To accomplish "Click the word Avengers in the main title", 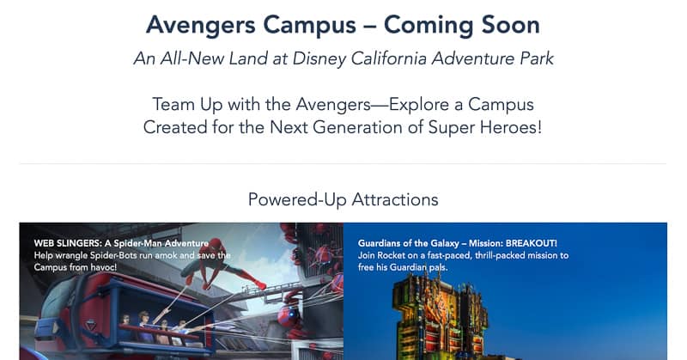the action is [x=201, y=26].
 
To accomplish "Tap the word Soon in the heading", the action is [x=510, y=25].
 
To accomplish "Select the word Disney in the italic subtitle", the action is [x=319, y=59].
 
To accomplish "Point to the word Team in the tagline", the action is [x=173, y=104].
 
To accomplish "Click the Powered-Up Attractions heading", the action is [x=343, y=199].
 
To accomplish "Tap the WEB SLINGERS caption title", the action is [x=121, y=243].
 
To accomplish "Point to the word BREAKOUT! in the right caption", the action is [x=531, y=243].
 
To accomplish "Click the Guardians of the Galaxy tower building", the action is [x=440, y=314].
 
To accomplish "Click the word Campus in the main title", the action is [x=310, y=26].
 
